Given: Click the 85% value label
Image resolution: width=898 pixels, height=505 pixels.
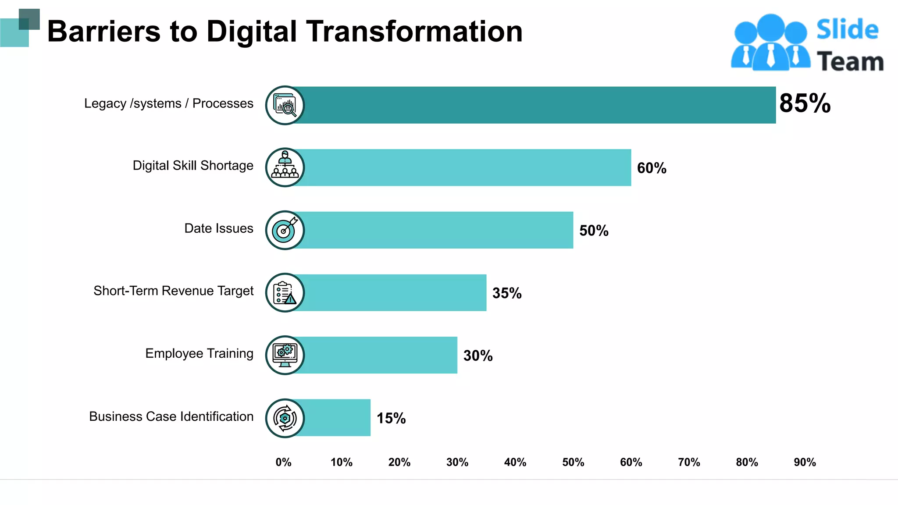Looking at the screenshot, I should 805,103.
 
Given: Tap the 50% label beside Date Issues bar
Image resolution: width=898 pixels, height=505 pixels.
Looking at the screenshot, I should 594,231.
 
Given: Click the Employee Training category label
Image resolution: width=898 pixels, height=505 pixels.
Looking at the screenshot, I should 199,353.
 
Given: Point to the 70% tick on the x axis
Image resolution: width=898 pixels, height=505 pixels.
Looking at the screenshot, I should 689,462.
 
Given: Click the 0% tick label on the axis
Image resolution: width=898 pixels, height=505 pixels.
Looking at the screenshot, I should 283,462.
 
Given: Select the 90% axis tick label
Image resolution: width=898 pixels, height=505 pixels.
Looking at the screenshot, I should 805,462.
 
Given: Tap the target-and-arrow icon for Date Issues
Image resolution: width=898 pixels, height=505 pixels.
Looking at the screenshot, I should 285,230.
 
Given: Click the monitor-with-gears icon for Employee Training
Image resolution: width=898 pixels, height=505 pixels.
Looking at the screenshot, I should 285,355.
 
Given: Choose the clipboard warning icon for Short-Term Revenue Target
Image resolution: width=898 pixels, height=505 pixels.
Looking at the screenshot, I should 285,293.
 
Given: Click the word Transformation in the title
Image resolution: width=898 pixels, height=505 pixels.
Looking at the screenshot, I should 414,32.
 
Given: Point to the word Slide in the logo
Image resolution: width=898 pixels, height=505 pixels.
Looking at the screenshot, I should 847,30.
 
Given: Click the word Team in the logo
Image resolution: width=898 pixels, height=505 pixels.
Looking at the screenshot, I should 850,61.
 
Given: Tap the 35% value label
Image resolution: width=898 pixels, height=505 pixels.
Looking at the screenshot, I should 507,293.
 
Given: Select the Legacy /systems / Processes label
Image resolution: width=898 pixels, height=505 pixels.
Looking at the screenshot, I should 168,103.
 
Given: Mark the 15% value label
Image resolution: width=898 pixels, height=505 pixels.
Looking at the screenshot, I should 391,418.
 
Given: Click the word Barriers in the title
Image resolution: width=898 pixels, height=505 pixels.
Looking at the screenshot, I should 103,32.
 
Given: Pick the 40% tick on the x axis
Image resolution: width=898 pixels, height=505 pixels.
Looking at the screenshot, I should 515,462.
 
